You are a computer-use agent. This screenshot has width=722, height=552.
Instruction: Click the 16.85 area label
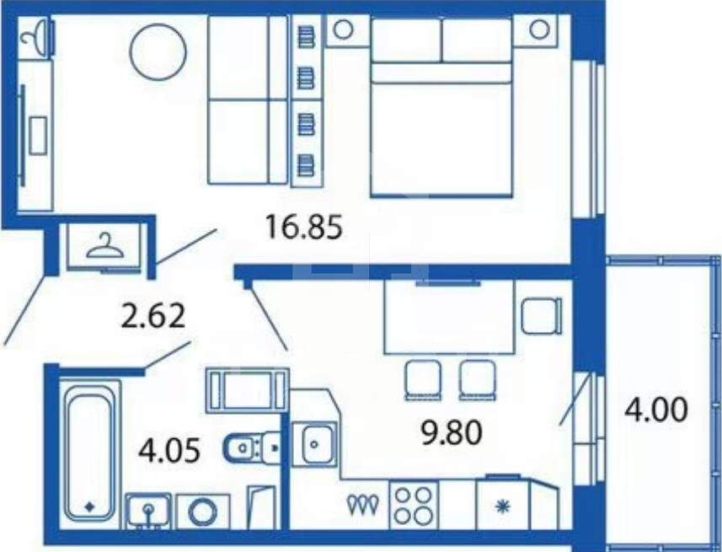point(304,228)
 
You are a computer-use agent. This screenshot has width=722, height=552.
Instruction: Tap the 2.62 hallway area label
point(152,316)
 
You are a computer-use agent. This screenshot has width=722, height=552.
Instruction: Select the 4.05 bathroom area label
point(169,450)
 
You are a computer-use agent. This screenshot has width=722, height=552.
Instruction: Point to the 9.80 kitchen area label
point(452,433)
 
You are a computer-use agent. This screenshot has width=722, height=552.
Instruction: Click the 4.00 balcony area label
point(655,410)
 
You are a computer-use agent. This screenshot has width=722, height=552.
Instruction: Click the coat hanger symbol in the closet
point(105,246)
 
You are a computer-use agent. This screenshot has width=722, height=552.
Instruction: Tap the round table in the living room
point(158,51)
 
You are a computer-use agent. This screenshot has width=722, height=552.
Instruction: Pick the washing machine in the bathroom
point(203,512)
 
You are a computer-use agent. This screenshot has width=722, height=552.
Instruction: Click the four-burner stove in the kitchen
point(414,505)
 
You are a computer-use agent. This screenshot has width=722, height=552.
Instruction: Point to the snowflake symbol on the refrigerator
point(502,507)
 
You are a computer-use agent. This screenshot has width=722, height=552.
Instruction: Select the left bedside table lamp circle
point(343,30)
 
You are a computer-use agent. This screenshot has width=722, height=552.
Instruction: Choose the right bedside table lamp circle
point(538,29)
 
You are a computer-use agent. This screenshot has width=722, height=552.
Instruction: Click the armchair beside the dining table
point(542,316)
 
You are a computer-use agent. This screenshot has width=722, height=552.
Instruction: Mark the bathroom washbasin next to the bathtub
point(148,511)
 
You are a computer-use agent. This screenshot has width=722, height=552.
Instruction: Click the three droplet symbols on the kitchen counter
point(364,505)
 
